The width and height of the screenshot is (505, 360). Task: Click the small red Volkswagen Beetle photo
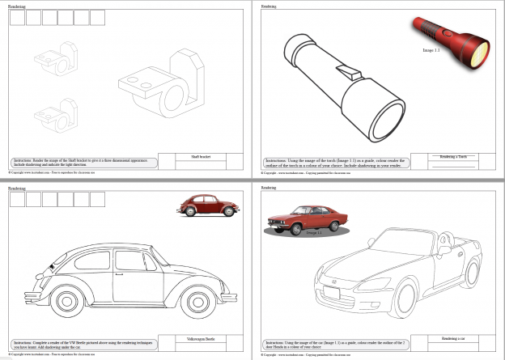click(x=209, y=206)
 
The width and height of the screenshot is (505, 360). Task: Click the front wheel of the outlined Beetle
click(x=197, y=307)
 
